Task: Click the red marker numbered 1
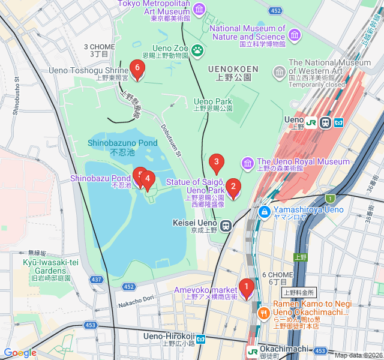point(245,287)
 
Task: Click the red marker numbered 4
point(147,179)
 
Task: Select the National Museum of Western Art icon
point(279,73)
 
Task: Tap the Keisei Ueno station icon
point(226,226)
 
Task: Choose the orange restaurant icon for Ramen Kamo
point(263,313)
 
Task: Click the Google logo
point(20,353)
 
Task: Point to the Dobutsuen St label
point(170,141)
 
